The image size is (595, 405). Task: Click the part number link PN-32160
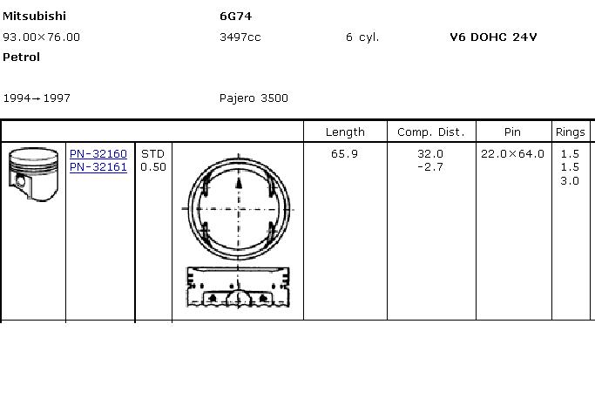98,154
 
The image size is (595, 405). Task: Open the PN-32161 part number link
98,167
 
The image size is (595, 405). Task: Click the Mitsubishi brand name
34,16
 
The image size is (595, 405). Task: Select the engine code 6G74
235,17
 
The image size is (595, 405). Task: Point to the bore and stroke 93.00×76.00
41,37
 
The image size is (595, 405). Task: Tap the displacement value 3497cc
240,37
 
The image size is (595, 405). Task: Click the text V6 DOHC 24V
493,37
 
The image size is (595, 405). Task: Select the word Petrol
21,57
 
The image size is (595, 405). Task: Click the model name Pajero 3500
254,98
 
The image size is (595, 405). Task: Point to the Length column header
345,132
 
